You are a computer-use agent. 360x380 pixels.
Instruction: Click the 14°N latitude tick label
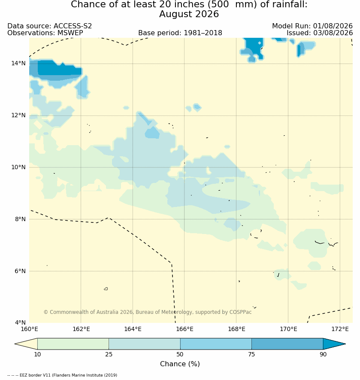(x=18, y=64)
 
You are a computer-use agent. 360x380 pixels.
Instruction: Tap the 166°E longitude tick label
(x=185, y=329)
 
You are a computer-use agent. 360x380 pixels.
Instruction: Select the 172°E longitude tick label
(x=340, y=329)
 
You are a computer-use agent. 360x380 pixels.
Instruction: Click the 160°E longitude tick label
(x=29, y=329)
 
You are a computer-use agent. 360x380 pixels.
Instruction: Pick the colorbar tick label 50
(x=180, y=354)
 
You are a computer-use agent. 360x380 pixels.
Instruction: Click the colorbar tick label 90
(x=323, y=354)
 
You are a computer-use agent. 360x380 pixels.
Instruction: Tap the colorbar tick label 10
(x=37, y=354)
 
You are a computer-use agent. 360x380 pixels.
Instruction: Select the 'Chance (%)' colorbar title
(x=180, y=364)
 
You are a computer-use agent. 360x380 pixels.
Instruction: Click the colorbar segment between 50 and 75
(x=216, y=344)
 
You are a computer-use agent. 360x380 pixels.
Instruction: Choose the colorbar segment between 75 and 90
(x=287, y=344)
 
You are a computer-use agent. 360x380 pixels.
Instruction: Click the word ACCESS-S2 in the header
(x=73, y=26)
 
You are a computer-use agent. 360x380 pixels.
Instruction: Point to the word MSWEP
(x=70, y=33)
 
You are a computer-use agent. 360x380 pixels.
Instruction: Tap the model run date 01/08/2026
(x=333, y=26)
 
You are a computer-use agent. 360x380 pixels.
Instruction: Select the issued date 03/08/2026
(x=333, y=33)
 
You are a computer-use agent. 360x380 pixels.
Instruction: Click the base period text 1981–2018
(x=203, y=33)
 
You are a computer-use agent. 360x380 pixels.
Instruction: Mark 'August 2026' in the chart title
(x=189, y=14)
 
